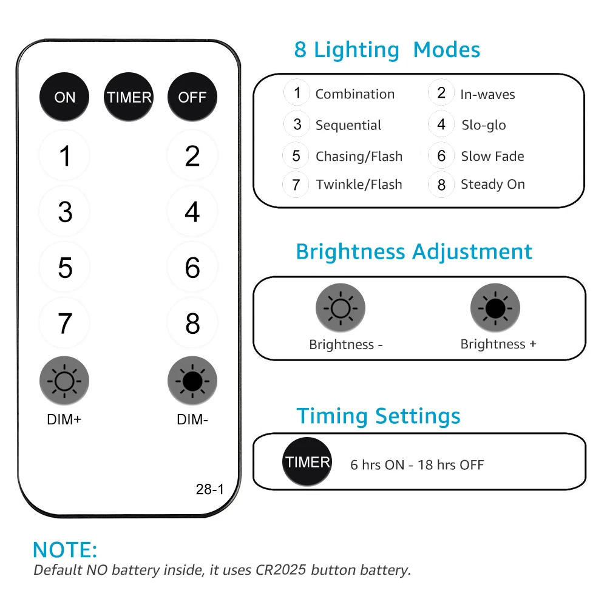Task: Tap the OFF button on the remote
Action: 192,97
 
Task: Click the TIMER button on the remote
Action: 129,97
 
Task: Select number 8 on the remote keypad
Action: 192,324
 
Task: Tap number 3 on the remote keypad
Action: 65,212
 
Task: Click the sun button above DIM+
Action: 64,381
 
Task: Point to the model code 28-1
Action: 210,489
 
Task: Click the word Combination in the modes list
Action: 354,94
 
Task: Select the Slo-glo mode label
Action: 483,125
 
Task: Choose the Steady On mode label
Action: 492,185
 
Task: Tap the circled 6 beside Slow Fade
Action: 441,156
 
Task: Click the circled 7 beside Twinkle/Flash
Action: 296,185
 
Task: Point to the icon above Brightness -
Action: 340,308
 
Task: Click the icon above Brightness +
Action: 495,308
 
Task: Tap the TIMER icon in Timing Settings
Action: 308,463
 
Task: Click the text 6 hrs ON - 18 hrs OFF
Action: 417,465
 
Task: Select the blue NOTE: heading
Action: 65,549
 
